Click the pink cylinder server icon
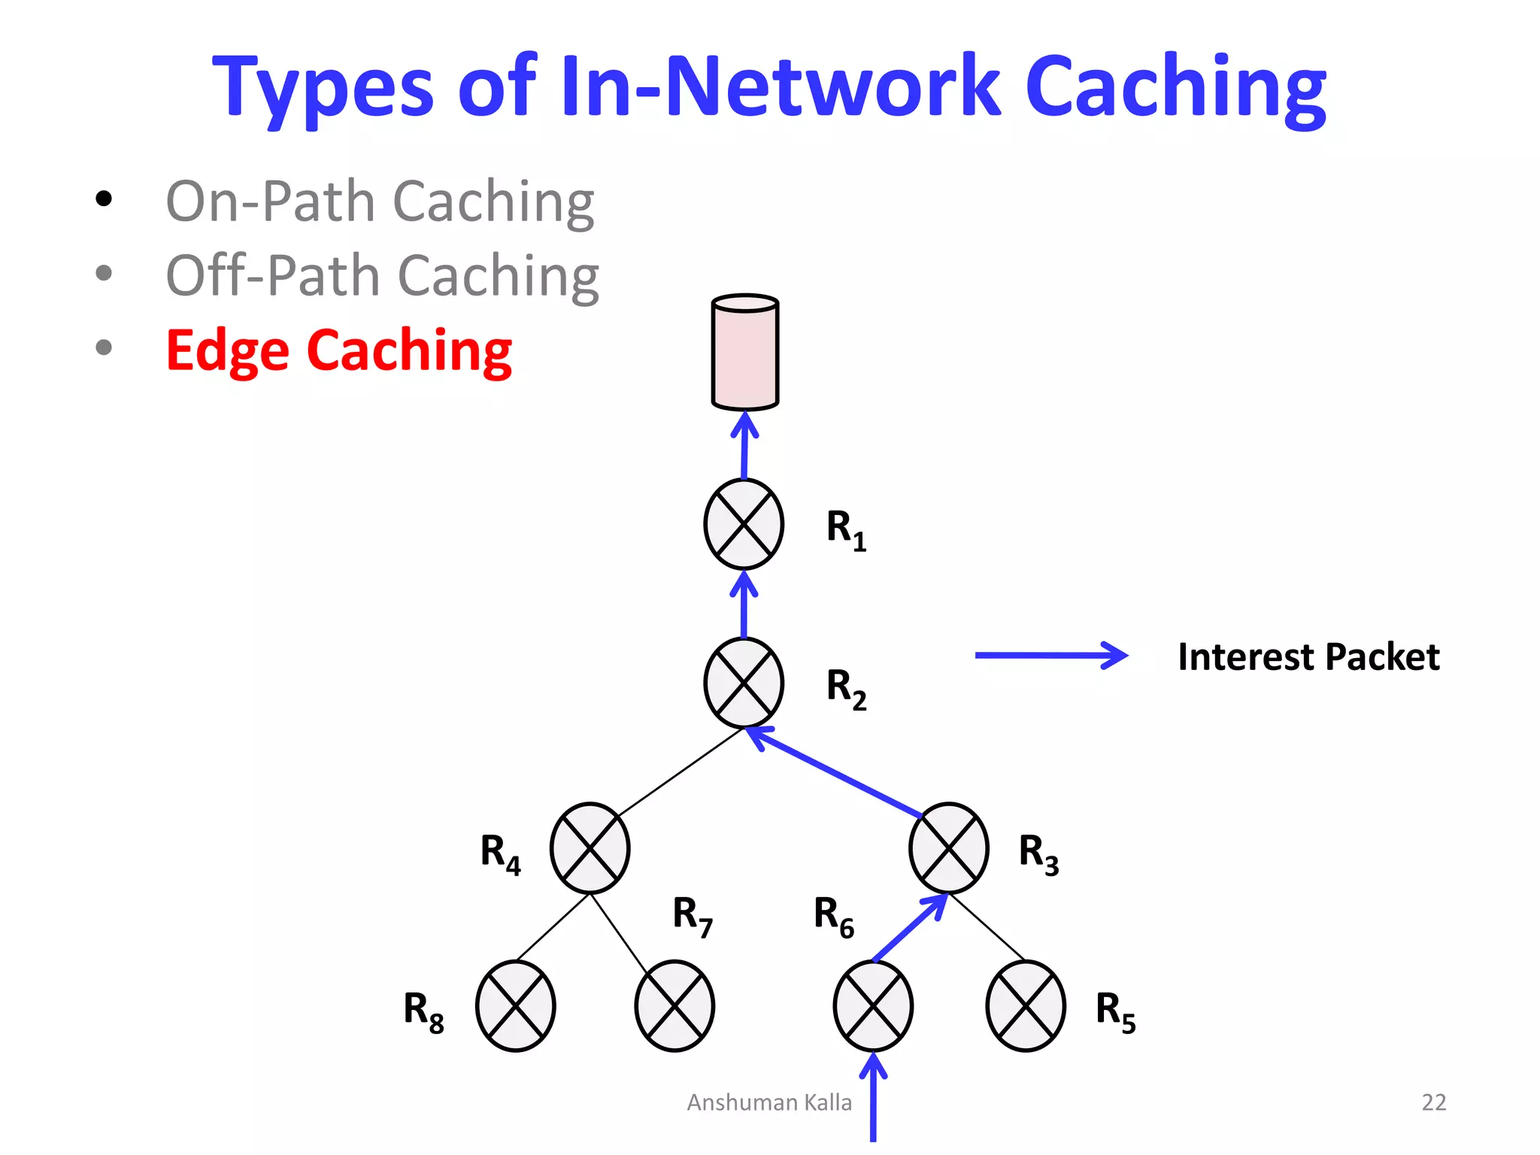pos(744,352)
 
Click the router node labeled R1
pos(744,524)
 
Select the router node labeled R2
pos(744,683)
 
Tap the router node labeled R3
pos(948,848)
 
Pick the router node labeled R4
pos(590,848)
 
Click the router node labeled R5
pos(1026,1006)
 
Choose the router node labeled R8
pos(516,1006)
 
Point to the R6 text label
pos(833,917)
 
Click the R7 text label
pos(692,916)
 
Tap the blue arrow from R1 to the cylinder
pos(744,447)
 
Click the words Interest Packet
pos(1308,656)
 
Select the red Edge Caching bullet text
pos(338,350)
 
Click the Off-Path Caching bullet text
pos(382,276)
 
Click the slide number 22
pos(1433,1102)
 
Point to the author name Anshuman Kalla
pos(769,1102)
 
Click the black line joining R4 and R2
pos(681,772)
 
